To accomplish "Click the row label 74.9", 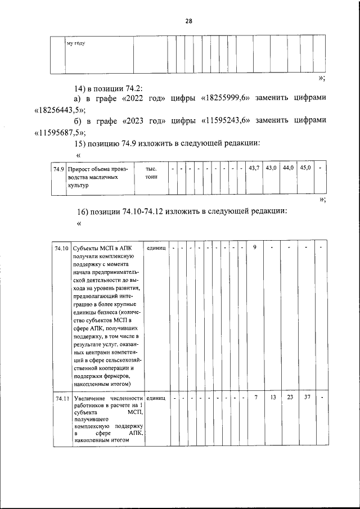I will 58,169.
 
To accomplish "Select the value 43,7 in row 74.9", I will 254,168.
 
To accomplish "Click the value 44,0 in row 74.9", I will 288,168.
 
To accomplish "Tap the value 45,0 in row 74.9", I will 305,168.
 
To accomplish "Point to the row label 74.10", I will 62,248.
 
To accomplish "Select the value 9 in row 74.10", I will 255,247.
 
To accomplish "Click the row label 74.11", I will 62,399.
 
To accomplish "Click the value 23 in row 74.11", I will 289,398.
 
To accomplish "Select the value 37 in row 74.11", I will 307,398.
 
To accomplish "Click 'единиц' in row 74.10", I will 156,247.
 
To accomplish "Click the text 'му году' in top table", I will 76,43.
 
